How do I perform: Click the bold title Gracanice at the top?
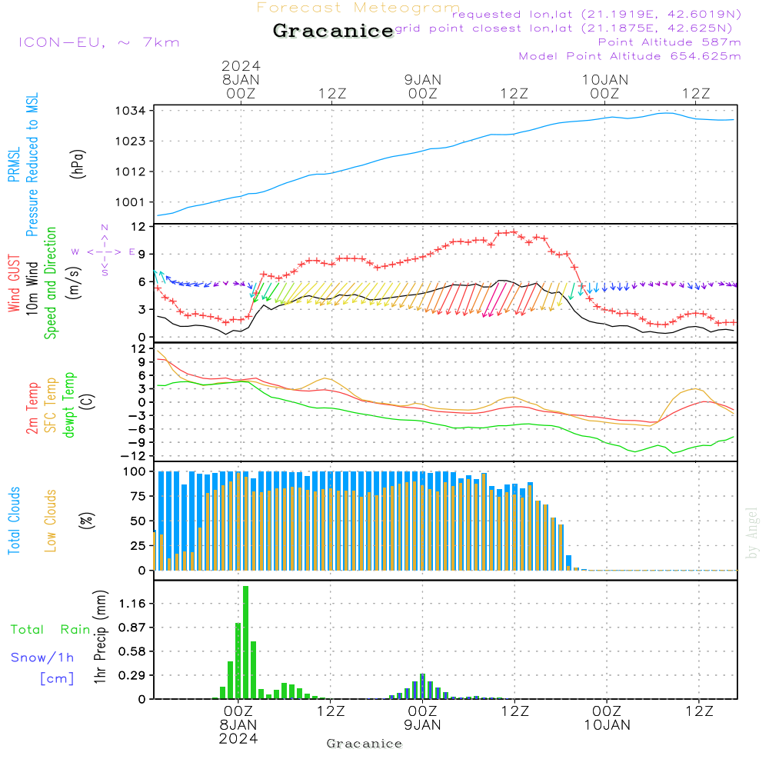(333, 31)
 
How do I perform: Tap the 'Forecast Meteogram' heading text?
(358, 8)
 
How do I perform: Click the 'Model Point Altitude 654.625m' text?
(630, 56)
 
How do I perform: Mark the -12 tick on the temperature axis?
(136, 456)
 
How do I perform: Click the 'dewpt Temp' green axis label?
(70, 405)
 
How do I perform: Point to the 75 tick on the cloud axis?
(136, 496)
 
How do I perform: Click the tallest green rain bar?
(245, 642)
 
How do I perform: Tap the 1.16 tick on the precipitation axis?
(132, 604)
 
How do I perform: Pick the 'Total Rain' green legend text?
(50, 630)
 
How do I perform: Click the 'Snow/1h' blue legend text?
(43, 657)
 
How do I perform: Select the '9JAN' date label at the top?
(422, 79)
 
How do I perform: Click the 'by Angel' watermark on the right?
(752, 533)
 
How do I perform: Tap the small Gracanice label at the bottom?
(365, 744)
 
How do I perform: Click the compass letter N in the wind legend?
(105, 228)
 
